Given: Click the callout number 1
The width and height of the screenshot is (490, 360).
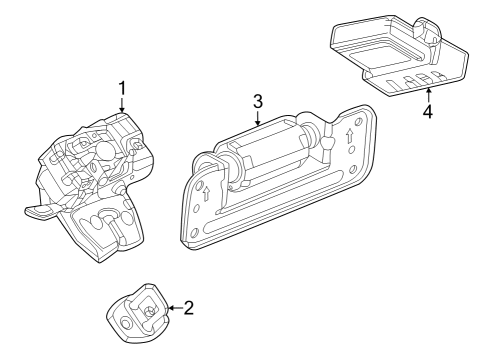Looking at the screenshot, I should [x=122, y=88].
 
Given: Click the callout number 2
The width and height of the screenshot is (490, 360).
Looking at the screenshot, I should [x=189, y=309].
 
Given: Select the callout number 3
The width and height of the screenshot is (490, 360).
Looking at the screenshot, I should [x=257, y=101].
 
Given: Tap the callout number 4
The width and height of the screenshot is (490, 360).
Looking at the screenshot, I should [x=427, y=112].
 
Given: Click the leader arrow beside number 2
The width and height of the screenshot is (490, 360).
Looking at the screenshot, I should [x=172, y=309].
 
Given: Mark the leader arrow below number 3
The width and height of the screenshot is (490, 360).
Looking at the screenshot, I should [x=257, y=120].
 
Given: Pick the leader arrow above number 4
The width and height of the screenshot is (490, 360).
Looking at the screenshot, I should [x=427, y=94].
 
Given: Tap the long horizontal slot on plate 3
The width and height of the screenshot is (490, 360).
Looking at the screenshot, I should [x=275, y=205].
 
